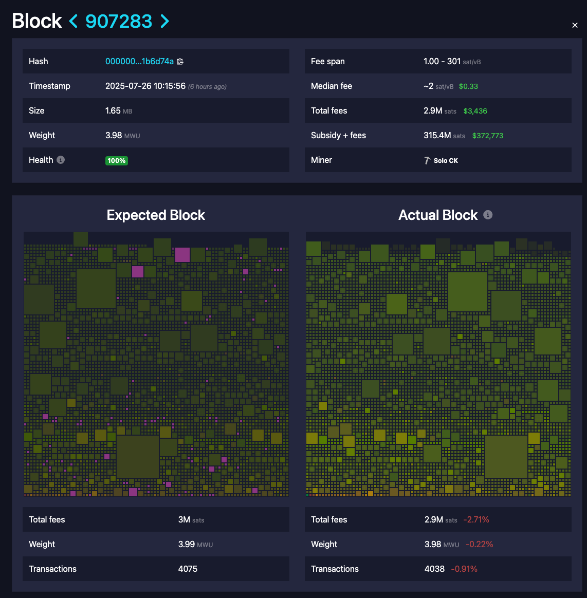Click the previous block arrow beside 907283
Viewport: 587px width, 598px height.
(x=74, y=21)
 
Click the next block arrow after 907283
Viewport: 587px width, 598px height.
(x=164, y=21)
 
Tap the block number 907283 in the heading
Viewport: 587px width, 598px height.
(x=119, y=21)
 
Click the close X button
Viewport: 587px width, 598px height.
(x=575, y=25)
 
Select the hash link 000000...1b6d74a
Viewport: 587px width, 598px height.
(x=139, y=61)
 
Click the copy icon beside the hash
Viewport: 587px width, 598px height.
(x=180, y=62)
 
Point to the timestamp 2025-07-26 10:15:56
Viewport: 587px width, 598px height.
(x=145, y=86)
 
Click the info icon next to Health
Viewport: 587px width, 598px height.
(x=61, y=160)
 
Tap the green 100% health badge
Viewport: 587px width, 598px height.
(x=117, y=160)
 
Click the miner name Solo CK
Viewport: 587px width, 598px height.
(x=445, y=160)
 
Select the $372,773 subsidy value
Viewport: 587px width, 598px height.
(x=487, y=136)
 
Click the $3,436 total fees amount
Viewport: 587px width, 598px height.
(x=475, y=111)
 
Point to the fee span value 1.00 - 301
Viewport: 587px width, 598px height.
(x=442, y=61)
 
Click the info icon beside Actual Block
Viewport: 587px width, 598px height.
(x=488, y=215)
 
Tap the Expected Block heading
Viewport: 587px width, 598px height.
(x=156, y=215)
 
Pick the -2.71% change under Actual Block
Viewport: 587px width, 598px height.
(x=476, y=520)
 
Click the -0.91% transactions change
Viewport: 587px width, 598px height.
(x=464, y=569)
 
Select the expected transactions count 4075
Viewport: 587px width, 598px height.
(x=188, y=569)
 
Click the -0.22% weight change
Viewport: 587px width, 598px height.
(x=479, y=544)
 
